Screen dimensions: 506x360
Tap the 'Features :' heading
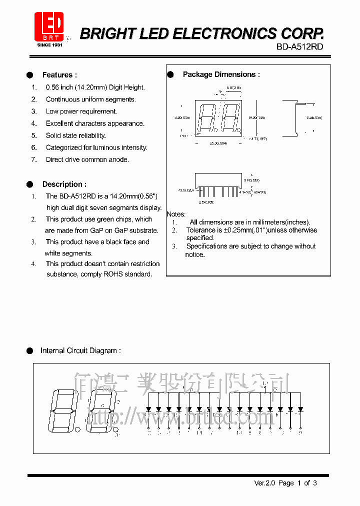pyautogui.click(x=59, y=75)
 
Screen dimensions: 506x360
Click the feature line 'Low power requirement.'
pyautogui.click(x=81, y=111)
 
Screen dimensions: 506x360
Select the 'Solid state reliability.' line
pyautogui.click(x=76, y=135)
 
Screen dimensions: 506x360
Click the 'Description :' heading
pyautogui.click(x=64, y=184)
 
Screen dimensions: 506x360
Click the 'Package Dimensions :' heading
pyautogui.click(x=221, y=74)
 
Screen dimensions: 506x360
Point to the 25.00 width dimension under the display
pyautogui.click(x=218, y=143)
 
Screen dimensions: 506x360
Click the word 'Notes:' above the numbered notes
pyautogui.click(x=176, y=214)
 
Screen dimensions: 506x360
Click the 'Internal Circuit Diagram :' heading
pyautogui.click(x=80, y=350)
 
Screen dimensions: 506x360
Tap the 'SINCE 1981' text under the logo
pyautogui.click(x=49, y=45)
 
